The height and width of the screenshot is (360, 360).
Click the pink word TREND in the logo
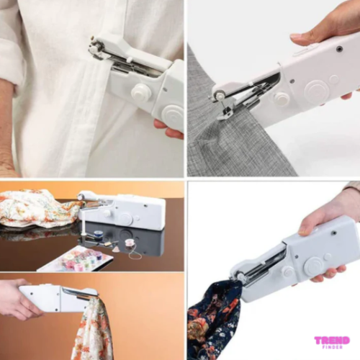click(x=332, y=340)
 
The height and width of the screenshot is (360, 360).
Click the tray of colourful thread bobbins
click(x=76, y=257)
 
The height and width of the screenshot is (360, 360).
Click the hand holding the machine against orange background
click(x=17, y=300)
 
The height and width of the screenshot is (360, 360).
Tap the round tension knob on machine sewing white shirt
click(x=141, y=92)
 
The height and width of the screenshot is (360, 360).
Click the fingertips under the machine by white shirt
click(x=168, y=130)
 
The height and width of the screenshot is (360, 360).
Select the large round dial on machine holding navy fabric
click(x=315, y=266)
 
